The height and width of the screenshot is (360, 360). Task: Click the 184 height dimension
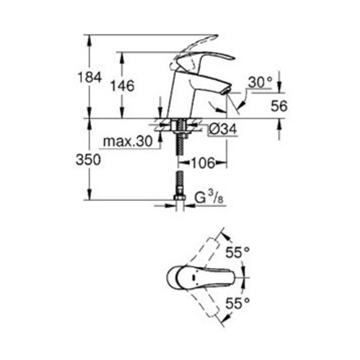(x=89, y=77)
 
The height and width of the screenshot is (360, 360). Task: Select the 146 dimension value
(x=122, y=86)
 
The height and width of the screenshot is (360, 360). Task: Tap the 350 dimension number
(x=88, y=160)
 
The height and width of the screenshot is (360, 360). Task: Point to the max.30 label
(x=128, y=141)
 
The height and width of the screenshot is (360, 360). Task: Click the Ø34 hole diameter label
(x=222, y=129)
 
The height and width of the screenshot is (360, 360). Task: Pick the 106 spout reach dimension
(x=203, y=163)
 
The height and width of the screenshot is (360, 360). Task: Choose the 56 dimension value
(x=279, y=106)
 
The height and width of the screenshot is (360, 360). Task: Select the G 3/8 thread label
(x=209, y=198)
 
